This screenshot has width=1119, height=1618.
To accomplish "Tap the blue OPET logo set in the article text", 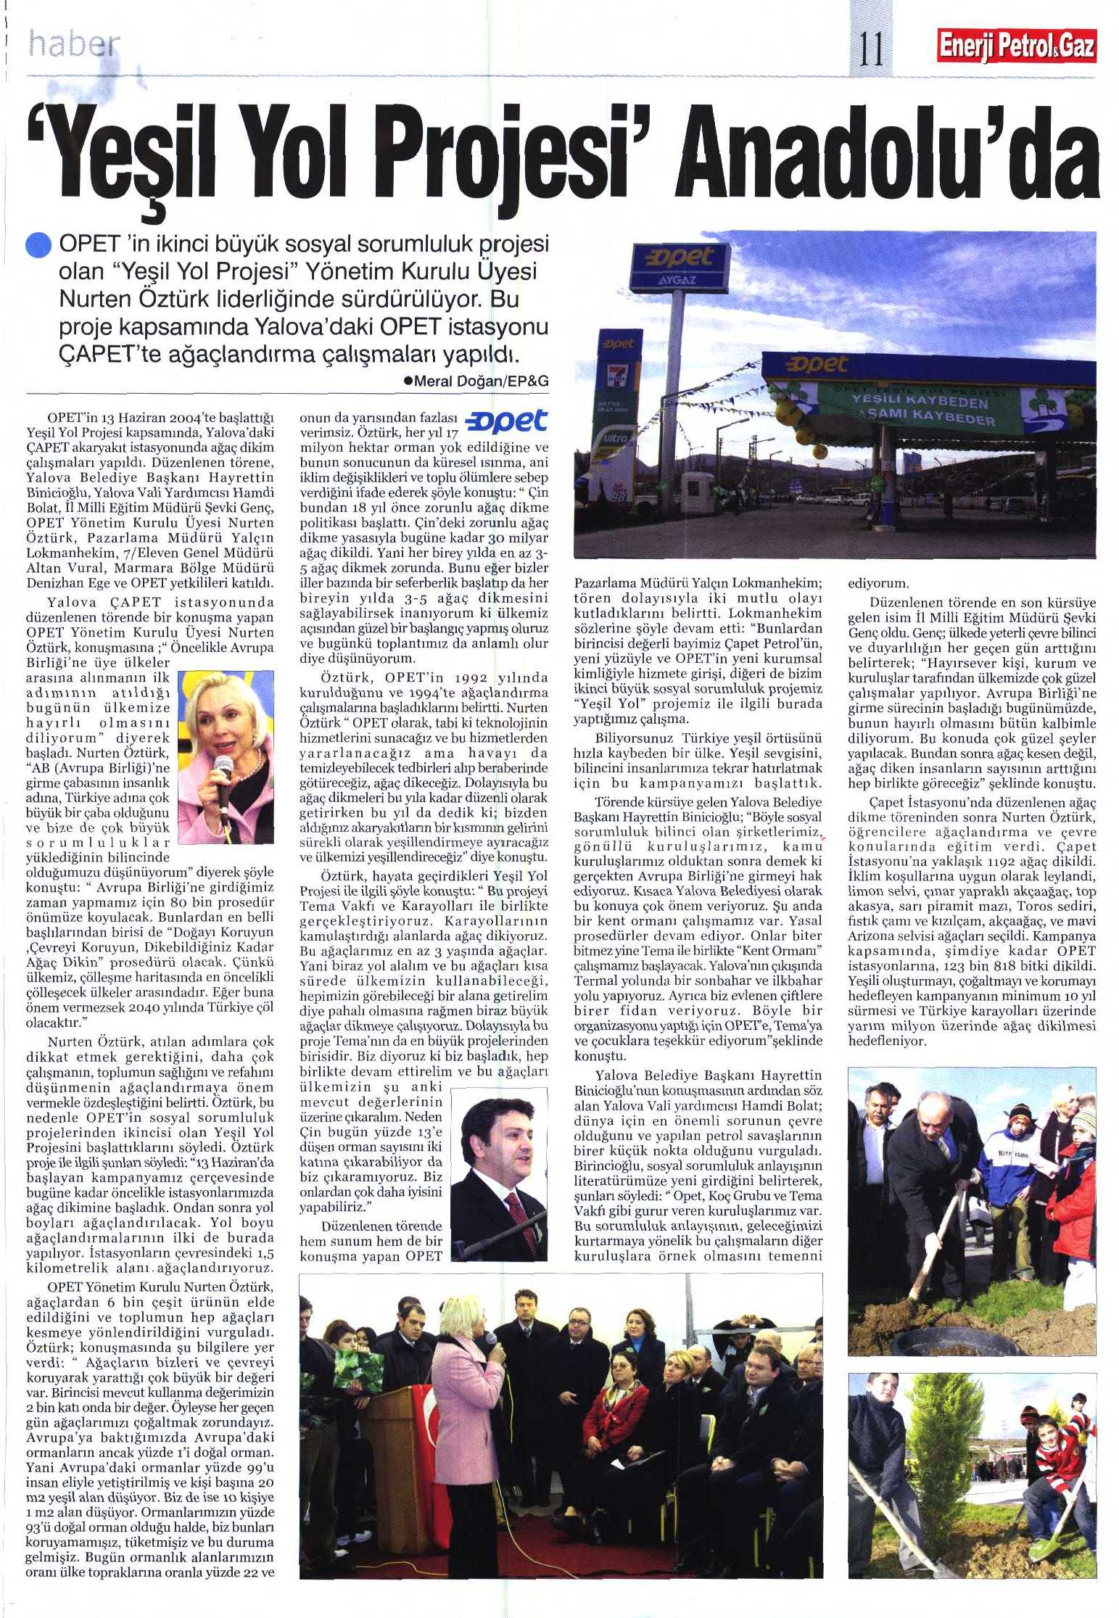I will pyautogui.click(x=505, y=421).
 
